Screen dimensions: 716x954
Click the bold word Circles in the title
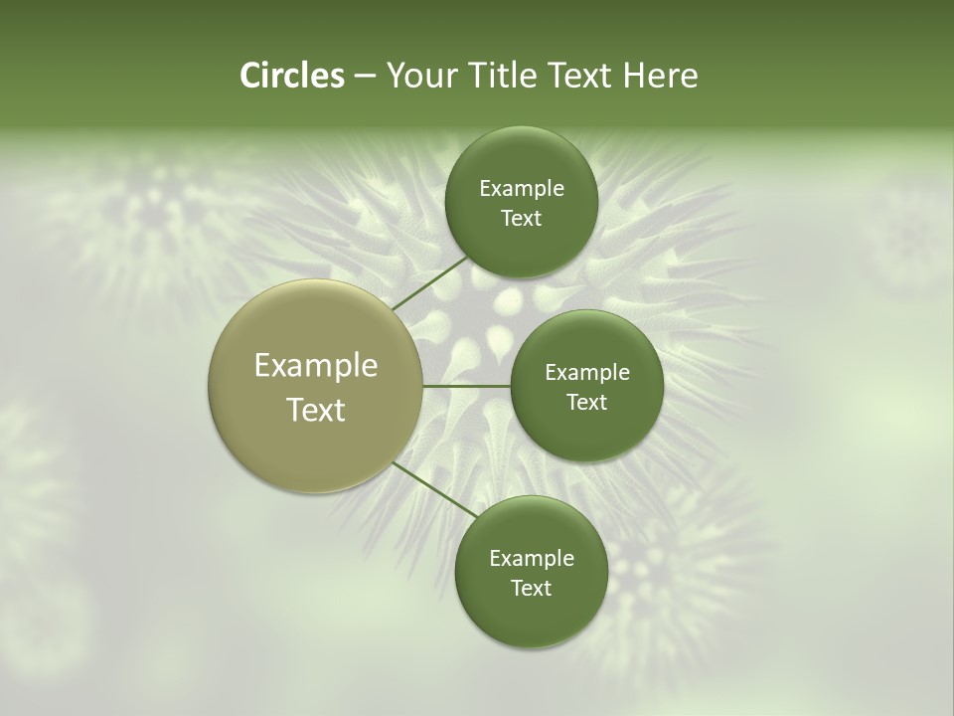pyautogui.click(x=291, y=76)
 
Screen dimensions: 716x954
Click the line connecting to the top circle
pyautogui.click(x=430, y=283)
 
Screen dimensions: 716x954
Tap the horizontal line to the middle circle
pyautogui.click(x=467, y=386)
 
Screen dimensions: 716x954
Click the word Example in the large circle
pyautogui.click(x=316, y=366)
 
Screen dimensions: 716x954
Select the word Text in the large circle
pyautogui.click(x=316, y=410)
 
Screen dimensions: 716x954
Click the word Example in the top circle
pyautogui.click(x=522, y=189)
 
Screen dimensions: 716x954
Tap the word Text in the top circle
pyautogui.click(x=521, y=219)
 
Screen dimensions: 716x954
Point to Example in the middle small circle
pyautogui.click(x=587, y=373)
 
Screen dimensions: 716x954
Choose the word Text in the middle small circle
pyautogui.click(x=586, y=403)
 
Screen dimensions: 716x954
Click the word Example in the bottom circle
pyautogui.click(x=532, y=559)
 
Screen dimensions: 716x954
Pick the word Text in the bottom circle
pyautogui.click(x=531, y=589)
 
